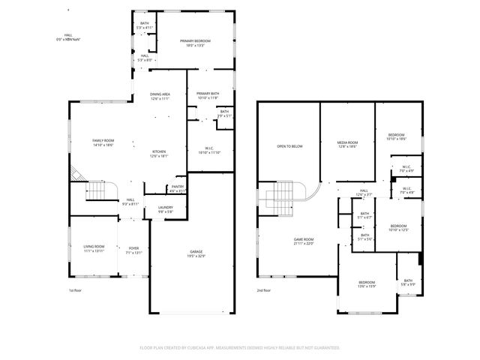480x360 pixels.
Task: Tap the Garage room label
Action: click(196, 253)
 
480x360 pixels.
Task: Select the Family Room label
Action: click(103, 143)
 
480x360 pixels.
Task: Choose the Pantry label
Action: click(178, 188)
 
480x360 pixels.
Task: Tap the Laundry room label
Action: click(164, 209)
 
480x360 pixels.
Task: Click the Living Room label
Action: click(94, 248)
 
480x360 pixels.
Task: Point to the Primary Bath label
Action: click(207, 95)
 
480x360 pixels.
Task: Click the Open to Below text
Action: click(289, 146)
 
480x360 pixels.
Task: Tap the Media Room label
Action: click(346, 145)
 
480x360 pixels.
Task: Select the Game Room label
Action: click(303, 241)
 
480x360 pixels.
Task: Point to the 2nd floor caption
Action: click(263, 289)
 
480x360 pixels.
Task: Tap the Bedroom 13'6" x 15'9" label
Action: click(366, 283)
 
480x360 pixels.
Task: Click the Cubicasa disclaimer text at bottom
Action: click(240, 347)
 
